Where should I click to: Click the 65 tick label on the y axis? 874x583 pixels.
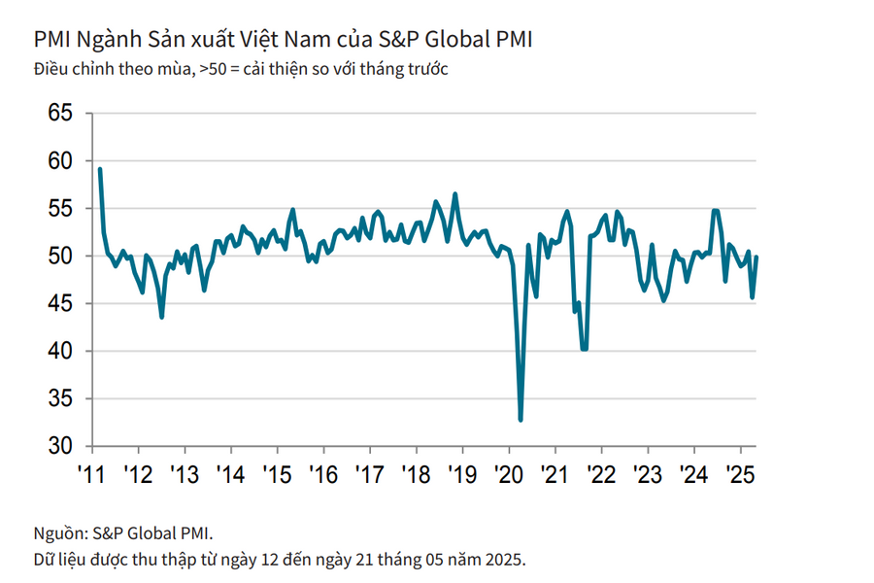(x=60, y=114)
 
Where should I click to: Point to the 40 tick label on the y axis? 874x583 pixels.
(x=60, y=352)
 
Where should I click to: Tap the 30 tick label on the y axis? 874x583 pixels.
(x=60, y=447)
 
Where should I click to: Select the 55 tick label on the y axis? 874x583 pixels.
(x=60, y=209)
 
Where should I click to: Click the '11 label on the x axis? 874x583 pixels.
(x=91, y=476)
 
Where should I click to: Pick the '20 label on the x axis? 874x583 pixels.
(x=508, y=476)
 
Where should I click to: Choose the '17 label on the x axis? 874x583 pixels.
(x=369, y=476)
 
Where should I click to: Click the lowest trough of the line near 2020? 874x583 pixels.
(x=521, y=420)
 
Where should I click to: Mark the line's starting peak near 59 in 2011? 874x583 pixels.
(x=100, y=169)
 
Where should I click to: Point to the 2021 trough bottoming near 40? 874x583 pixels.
(x=584, y=349)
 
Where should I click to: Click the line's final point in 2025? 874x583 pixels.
(x=757, y=257)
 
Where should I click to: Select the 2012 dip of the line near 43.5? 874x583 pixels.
(x=161, y=317)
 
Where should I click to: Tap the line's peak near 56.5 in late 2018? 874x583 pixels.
(x=455, y=194)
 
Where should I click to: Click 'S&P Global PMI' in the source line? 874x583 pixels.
(x=152, y=532)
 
